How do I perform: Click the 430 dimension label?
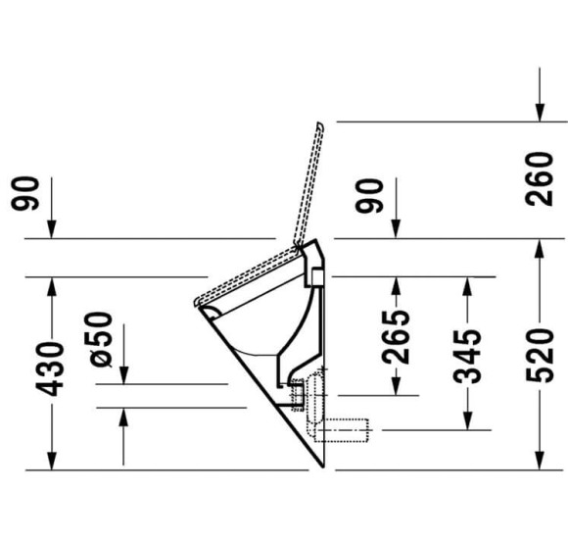(50, 368)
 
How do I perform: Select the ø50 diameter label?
(98, 339)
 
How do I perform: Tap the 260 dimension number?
(539, 179)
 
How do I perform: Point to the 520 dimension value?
(540, 355)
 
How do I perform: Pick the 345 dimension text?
(467, 357)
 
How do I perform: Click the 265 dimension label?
(396, 337)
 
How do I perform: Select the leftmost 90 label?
(24, 193)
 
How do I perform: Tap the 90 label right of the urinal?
(369, 196)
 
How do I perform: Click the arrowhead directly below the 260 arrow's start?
(540, 113)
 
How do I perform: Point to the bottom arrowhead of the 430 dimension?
(52, 461)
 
